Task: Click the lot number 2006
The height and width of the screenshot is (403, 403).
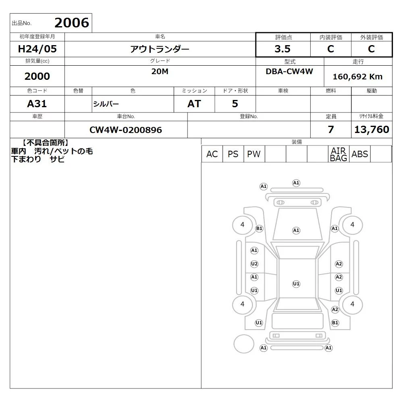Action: click(x=72, y=23)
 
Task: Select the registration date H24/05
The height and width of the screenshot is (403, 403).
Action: click(x=37, y=49)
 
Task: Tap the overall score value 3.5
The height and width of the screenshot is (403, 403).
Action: click(x=283, y=49)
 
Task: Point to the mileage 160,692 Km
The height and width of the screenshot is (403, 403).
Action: click(x=357, y=77)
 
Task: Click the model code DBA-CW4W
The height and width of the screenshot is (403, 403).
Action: click(x=289, y=71)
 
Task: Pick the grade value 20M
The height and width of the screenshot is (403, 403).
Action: click(x=160, y=71)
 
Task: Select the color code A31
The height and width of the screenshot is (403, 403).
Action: click(x=37, y=104)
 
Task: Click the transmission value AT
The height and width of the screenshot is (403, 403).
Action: click(x=194, y=104)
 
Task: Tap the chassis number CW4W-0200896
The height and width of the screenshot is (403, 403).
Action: click(x=126, y=130)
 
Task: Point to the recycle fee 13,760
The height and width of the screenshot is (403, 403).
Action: click(x=372, y=129)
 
